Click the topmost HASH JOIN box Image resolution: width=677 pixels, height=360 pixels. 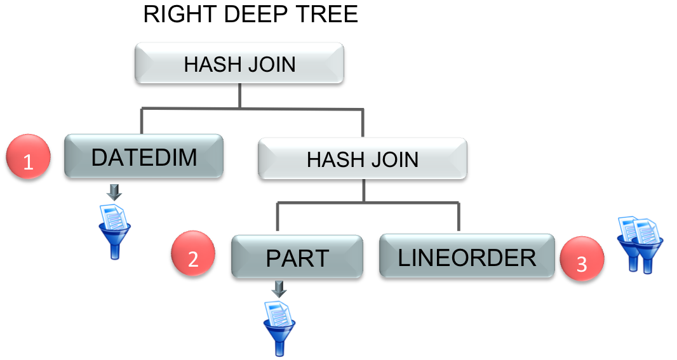pyautogui.click(x=239, y=63)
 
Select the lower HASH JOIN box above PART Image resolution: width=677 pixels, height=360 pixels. pyautogui.click(x=362, y=158)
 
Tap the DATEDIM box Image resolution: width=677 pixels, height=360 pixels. pyautogui.click(x=144, y=156)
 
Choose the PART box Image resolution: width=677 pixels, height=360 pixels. pyautogui.click(x=297, y=257)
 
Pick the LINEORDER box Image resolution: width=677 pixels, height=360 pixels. pyautogui.click(x=467, y=256)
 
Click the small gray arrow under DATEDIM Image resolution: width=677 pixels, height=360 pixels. pyautogui.click(x=115, y=191)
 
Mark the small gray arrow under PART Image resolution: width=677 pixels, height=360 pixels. pyautogui.click(x=279, y=290)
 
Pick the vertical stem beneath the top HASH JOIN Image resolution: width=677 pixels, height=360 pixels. pyautogui.click(x=239, y=95)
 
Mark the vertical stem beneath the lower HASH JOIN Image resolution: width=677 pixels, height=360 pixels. pyautogui.click(x=363, y=190)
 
